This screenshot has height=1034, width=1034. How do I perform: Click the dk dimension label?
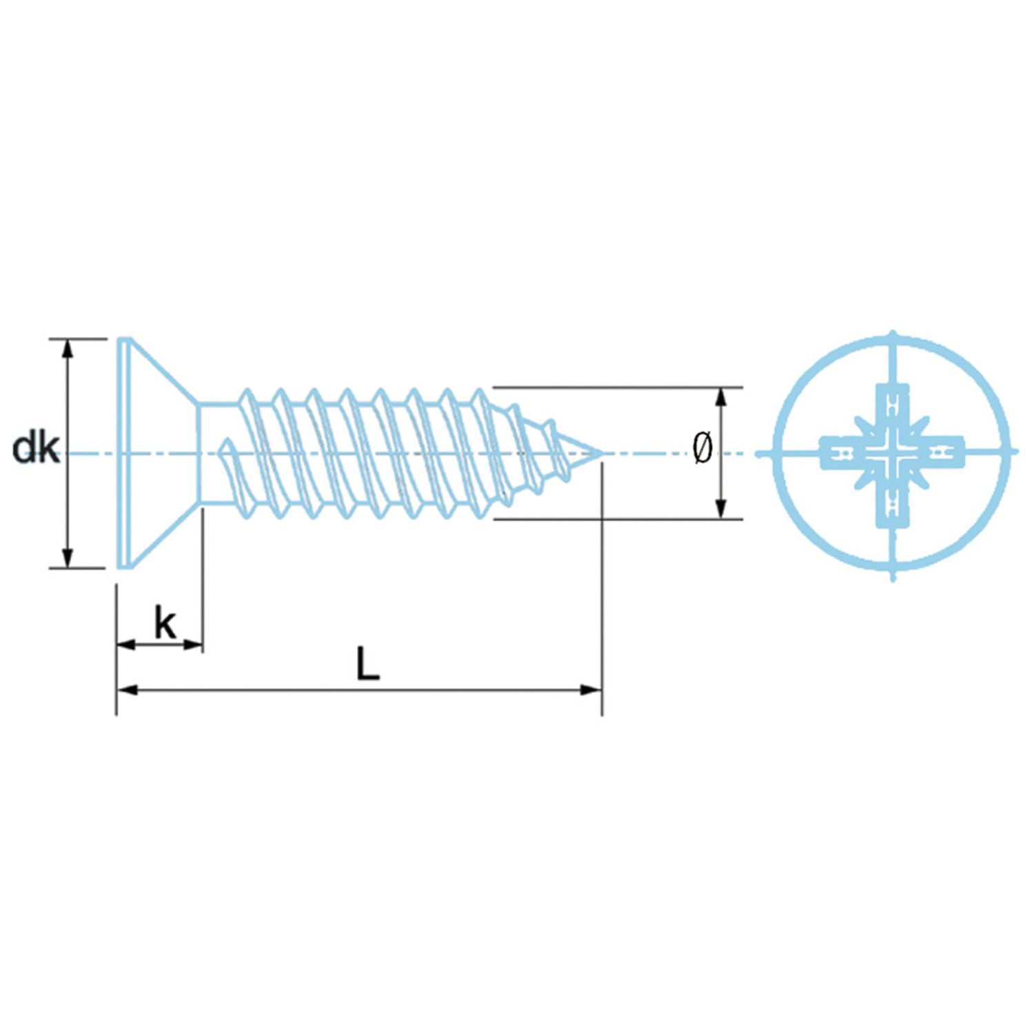[36, 449]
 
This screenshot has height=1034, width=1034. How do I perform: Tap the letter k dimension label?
[165, 624]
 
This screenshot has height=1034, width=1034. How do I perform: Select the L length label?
[367, 664]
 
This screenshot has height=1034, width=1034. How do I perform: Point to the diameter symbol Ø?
[702, 449]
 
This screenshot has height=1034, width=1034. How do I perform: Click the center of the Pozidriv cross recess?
[893, 454]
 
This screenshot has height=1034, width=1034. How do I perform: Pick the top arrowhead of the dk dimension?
[67, 349]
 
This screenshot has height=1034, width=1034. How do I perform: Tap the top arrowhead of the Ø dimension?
[721, 397]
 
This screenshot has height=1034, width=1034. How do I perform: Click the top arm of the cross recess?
[893, 403]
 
